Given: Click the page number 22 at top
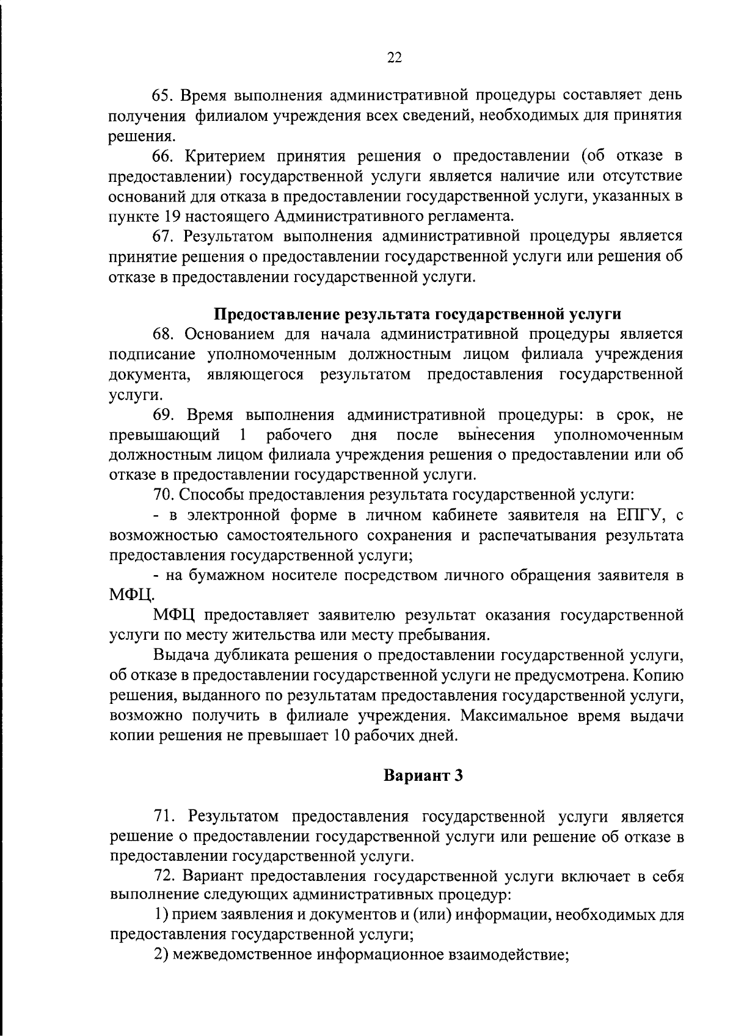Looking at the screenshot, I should [394, 57].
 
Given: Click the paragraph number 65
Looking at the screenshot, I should [161, 95].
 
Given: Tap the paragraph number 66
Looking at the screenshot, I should [161, 156].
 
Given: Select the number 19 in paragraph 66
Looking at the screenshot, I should [171, 216].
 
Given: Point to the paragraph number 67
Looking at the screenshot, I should [161, 236].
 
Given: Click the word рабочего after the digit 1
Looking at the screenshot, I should [299, 435].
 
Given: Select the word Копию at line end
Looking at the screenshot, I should [659, 676].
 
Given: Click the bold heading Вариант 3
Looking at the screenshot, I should [423, 776].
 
